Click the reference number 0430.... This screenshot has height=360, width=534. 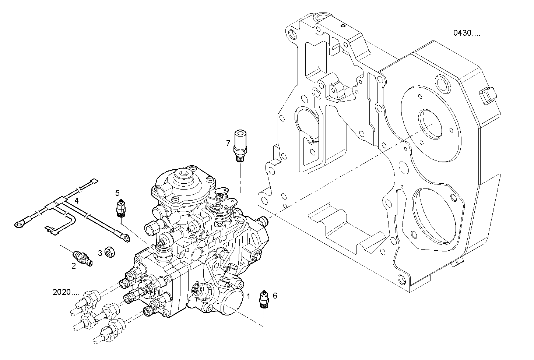466,33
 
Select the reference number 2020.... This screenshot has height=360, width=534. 66,293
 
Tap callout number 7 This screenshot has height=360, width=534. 228,143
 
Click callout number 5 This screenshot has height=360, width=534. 117,193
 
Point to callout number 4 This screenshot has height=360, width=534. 76,201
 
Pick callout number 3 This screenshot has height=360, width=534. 100,253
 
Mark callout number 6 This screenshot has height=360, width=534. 275,295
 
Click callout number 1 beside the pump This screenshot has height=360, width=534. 249,296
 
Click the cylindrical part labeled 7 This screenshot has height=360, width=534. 240,145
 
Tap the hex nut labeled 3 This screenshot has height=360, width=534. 109,252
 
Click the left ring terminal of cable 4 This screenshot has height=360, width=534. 18,222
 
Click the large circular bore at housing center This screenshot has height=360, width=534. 430,124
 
